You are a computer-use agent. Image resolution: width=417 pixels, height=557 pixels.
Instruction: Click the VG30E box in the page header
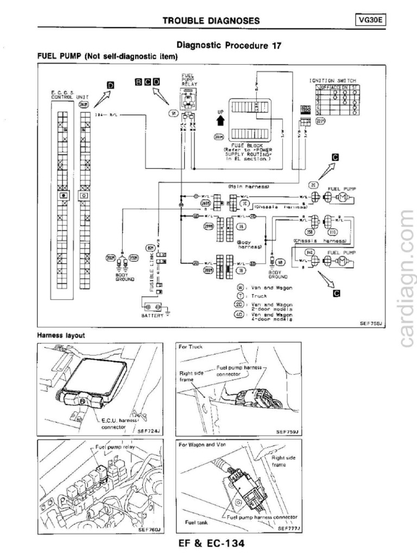(374, 21)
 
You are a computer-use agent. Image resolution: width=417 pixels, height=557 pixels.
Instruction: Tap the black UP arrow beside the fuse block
(220, 120)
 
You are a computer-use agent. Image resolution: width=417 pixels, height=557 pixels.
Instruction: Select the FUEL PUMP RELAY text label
(188, 81)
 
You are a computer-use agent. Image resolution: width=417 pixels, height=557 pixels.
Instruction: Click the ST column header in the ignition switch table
(355, 87)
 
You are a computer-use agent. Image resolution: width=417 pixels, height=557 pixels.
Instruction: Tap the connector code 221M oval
(320, 121)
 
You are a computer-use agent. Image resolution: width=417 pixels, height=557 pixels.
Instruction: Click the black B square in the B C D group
(139, 82)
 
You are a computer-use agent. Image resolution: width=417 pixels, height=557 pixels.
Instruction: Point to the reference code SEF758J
(371, 323)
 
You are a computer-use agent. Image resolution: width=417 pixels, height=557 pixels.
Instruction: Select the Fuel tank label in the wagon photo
(193, 523)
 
